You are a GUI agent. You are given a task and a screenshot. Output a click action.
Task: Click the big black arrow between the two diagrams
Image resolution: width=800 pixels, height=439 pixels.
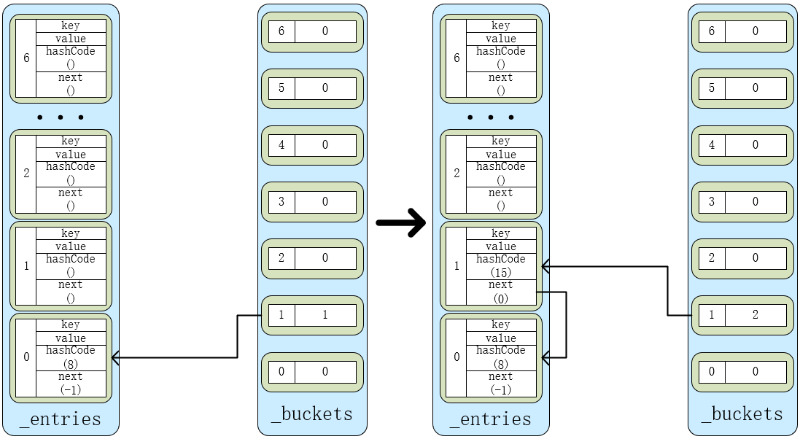[x=400, y=222]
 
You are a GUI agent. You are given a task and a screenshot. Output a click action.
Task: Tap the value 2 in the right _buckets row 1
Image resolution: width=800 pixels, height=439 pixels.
[x=756, y=314]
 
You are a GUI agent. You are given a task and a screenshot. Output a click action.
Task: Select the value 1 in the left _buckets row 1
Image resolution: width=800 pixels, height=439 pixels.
[x=325, y=314]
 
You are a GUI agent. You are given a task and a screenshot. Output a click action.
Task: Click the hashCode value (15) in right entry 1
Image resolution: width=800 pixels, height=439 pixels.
[x=500, y=272]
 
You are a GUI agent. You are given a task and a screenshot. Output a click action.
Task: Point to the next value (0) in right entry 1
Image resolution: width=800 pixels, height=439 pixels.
[x=500, y=298]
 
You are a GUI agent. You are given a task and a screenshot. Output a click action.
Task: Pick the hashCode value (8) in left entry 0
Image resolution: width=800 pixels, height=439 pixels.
[x=71, y=363]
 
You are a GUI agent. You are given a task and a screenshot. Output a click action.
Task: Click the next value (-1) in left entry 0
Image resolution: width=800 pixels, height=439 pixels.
[x=71, y=390]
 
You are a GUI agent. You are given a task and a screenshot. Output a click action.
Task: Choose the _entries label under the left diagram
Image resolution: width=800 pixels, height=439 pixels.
[x=61, y=419]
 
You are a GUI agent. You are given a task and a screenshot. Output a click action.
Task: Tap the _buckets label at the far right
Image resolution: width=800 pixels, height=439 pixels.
[x=742, y=414]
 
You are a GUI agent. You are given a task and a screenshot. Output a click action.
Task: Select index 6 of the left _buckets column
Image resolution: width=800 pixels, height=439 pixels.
[x=281, y=31]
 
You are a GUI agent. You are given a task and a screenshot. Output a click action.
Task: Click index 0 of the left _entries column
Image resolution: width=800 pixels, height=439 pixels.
[x=26, y=357]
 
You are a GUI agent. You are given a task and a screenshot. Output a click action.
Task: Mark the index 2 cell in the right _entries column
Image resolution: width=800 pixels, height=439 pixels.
[x=457, y=173]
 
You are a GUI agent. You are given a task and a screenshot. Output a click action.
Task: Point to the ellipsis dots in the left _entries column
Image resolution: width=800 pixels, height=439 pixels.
[x=61, y=117]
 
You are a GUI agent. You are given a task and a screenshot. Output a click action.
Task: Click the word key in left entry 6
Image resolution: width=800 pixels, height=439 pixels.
[x=71, y=26]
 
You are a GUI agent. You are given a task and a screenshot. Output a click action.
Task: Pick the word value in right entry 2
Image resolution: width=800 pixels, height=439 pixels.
[x=500, y=155]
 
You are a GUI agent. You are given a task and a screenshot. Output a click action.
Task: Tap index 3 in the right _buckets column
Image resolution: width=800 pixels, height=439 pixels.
[x=712, y=201]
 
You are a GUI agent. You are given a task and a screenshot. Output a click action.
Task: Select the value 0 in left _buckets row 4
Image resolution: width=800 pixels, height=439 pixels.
[x=325, y=144]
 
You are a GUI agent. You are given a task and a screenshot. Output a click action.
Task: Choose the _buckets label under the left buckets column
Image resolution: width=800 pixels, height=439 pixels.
[x=311, y=414]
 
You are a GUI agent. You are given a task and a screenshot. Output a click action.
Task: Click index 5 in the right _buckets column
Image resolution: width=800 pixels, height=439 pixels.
[x=712, y=88]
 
